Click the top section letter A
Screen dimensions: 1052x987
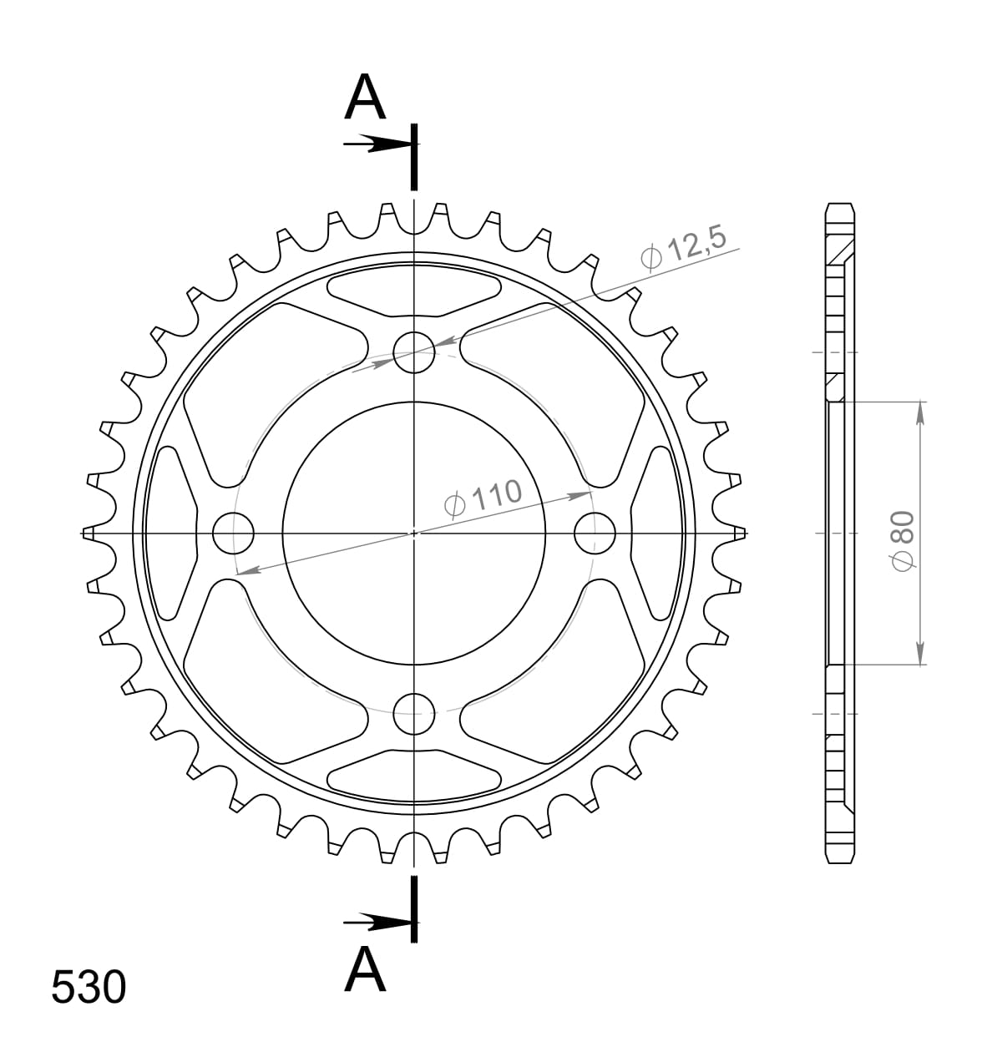point(366,99)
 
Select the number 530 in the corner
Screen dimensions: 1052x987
point(89,987)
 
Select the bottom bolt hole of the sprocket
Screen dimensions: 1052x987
point(414,712)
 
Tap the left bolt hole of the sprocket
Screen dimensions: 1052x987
point(233,533)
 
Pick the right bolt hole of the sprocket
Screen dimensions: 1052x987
point(595,533)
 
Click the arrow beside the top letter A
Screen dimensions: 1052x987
point(372,144)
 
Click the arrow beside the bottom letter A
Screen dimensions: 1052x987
point(372,922)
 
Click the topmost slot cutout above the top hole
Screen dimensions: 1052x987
point(415,294)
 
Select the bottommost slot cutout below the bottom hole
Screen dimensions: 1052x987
point(415,771)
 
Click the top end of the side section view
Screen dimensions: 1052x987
point(839,207)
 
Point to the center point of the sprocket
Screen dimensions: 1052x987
point(414,533)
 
